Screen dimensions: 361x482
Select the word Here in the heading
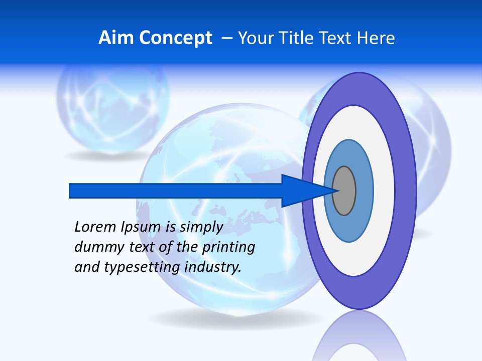pos(377,38)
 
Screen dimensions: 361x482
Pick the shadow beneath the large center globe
pos(236,318)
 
